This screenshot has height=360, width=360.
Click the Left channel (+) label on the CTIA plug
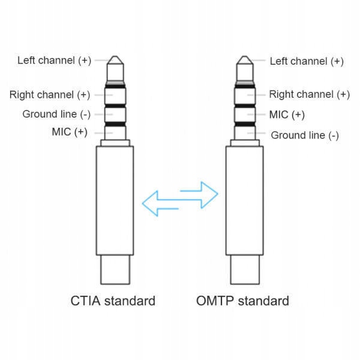pos(54,60)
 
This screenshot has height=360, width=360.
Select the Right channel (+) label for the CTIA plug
pos(50,95)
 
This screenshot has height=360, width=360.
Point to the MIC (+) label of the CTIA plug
pos(70,132)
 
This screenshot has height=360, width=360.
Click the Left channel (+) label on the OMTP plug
pos(307,61)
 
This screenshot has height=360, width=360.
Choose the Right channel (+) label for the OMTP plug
pos(309,94)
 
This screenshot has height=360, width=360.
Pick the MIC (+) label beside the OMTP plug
pos(287,114)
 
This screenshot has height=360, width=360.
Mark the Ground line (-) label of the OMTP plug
pos(305,135)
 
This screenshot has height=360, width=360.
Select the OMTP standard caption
pos(242,301)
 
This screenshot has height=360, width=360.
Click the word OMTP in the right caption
pos(214,301)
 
